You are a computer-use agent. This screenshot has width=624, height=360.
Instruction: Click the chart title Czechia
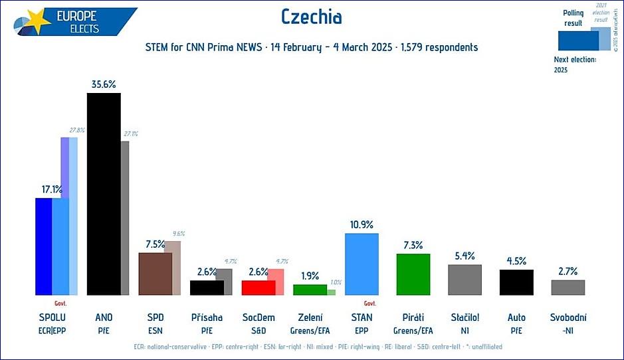point(311,17)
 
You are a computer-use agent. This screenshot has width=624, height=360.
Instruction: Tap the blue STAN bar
point(362,264)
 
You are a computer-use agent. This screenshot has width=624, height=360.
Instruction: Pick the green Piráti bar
point(413,274)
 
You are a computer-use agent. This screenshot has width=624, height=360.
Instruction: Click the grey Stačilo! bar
point(465,280)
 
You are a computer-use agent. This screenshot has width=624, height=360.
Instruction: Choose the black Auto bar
point(516,282)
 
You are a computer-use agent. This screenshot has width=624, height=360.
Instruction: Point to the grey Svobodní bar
point(568,287)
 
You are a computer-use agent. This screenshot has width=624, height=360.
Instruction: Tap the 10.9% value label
point(362,225)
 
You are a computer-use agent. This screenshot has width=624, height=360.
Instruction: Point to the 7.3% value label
point(413,245)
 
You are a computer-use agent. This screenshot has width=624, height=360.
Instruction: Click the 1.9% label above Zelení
point(310,276)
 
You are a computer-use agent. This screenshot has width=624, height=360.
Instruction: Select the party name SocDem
point(259,317)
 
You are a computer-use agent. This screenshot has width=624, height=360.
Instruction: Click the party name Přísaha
point(207,317)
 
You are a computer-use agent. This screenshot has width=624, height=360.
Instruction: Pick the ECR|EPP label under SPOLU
point(52,329)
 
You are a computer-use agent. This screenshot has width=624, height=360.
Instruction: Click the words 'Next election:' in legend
point(575,60)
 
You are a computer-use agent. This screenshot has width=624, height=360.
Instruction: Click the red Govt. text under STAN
point(370,303)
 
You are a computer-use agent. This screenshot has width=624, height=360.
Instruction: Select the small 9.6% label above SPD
point(178,234)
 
